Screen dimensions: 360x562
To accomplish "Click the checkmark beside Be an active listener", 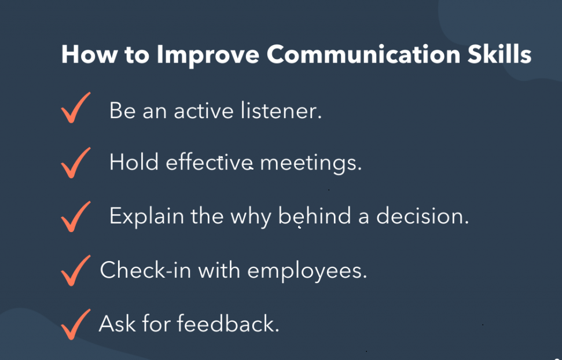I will point(75,109).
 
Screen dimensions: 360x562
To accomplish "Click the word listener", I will point(280,110).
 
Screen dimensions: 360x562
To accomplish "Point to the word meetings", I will point(310,163).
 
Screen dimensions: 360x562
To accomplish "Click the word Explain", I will point(144,216).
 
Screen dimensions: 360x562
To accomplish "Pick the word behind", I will point(315,216).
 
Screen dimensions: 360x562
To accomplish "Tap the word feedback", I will point(227,323).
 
